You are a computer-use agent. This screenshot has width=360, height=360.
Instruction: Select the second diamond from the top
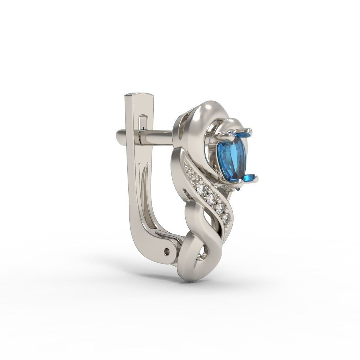(201, 190)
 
